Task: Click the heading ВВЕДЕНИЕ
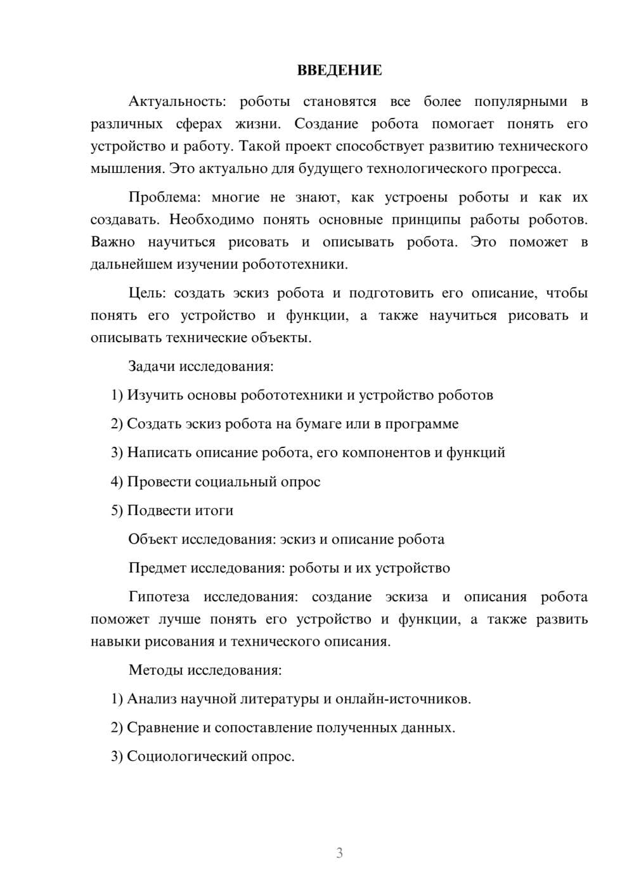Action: [x=339, y=70]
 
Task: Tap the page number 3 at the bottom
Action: [x=339, y=853]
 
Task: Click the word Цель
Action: [x=147, y=293]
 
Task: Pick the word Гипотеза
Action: [x=158, y=596]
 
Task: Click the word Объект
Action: [x=153, y=539]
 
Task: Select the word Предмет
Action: [x=157, y=568]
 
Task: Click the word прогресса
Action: [x=530, y=169]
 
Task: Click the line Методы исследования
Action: [x=205, y=670]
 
